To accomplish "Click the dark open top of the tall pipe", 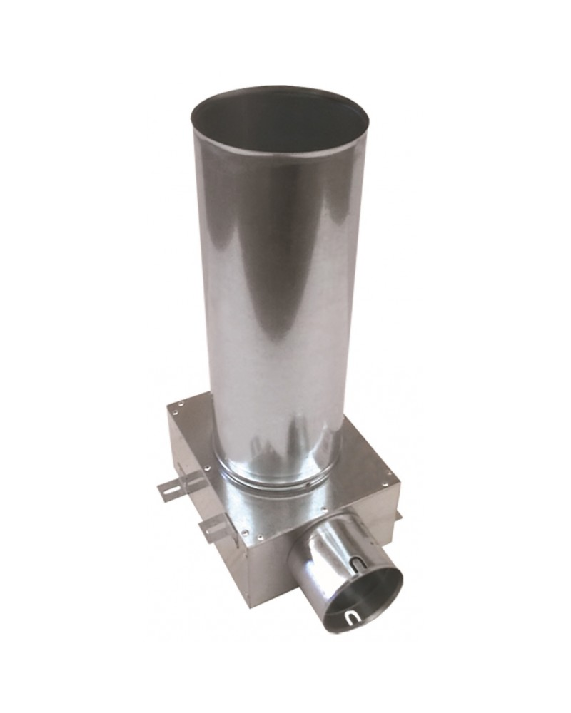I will pyautogui.click(x=278, y=121).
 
